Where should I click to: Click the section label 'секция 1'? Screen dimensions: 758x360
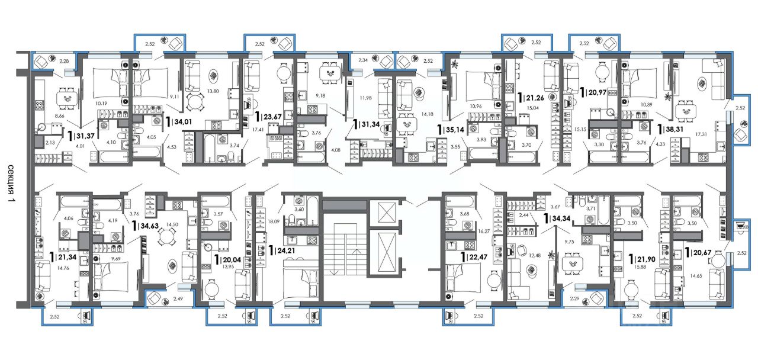[x=11, y=184]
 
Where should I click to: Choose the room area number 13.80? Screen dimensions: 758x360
[x=213, y=91]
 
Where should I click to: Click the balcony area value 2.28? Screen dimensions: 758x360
[x=64, y=61]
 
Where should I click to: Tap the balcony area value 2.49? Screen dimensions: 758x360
[x=178, y=298]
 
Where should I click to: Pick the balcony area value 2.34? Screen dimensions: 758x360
[x=363, y=60]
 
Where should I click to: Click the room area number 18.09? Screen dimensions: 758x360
[x=274, y=221]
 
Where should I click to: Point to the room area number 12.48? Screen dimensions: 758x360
[x=535, y=255]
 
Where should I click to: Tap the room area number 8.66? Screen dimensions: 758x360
[x=60, y=115]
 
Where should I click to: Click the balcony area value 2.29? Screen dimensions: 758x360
[x=574, y=298]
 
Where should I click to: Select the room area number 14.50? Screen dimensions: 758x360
[x=172, y=224]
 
